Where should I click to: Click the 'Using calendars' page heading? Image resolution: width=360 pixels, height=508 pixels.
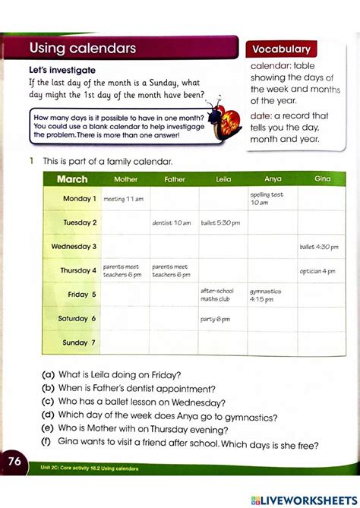click(83, 49)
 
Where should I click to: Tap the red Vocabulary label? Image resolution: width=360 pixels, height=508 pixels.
click(281, 49)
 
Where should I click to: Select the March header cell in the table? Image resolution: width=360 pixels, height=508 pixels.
click(72, 180)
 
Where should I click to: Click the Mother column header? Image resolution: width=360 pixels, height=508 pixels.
click(126, 180)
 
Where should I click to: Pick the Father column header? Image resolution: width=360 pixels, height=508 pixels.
click(175, 180)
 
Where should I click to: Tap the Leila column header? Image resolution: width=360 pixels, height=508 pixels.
click(223, 180)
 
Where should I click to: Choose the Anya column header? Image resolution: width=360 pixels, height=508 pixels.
click(273, 180)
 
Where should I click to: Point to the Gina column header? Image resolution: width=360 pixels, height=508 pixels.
click(323, 179)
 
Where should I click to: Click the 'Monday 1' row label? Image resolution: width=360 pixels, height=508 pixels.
click(79, 199)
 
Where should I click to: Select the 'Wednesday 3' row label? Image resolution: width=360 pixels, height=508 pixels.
click(74, 247)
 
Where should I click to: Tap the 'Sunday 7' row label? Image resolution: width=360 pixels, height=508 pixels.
click(79, 342)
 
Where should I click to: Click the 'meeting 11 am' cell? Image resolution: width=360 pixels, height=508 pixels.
click(123, 199)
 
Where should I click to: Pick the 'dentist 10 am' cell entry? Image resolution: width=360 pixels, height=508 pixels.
click(172, 223)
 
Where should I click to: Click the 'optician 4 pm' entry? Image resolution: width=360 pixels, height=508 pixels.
click(317, 271)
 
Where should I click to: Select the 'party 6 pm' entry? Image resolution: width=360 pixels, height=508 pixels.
click(215, 319)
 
